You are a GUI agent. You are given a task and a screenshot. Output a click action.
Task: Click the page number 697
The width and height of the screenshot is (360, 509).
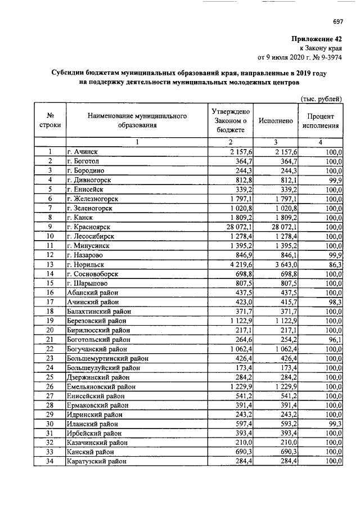[x=337, y=22]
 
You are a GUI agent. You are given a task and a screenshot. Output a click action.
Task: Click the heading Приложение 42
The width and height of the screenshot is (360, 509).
[x=317, y=39]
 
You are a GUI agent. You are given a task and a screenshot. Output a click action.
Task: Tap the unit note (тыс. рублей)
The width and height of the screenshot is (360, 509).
[x=321, y=98]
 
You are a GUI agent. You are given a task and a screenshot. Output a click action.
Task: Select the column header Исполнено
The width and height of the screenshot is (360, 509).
[x=275, y=121]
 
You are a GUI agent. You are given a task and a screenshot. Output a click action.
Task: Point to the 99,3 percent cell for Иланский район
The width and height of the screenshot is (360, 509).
[x=335, y=424]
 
